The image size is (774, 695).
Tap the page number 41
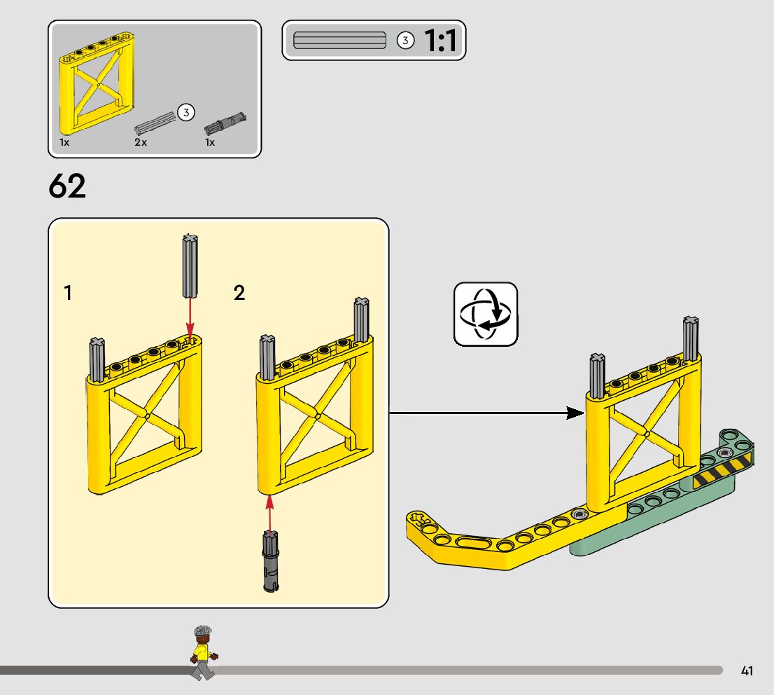coord(747,671)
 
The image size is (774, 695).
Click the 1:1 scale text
coord(440,41)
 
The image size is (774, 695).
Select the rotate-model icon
coord(486,314)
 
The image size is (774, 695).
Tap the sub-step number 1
coord(68,294)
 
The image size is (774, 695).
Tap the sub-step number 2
coord(239,294)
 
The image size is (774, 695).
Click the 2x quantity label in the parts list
coord(141,142)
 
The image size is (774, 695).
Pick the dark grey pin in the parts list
coord(225,123)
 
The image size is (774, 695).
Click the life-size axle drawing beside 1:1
coord(339,41)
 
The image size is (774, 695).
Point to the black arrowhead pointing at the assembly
coord(575,413)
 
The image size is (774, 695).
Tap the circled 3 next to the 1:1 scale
coord(405,41)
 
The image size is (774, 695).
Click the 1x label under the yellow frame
coord(64,142)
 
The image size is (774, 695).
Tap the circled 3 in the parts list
coord(185,112)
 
